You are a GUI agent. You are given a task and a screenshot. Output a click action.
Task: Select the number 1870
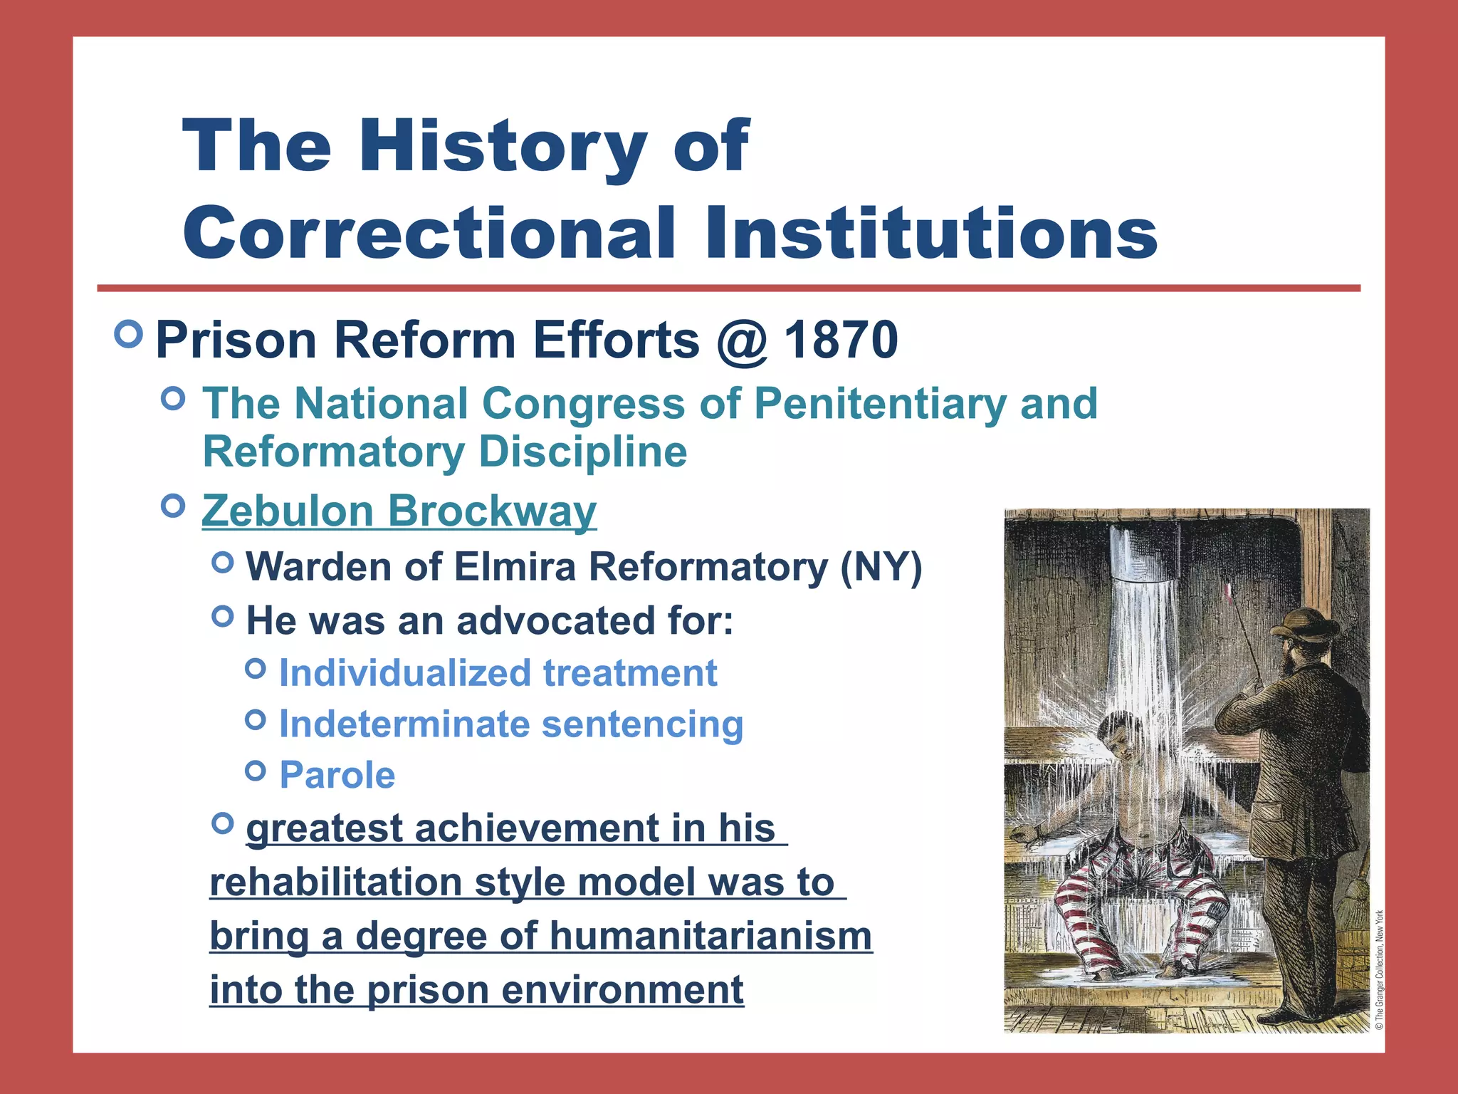[841, 340]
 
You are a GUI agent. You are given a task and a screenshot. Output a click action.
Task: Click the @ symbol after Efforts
[742, 341]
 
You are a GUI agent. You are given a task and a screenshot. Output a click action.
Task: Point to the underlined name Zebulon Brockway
[399, 511]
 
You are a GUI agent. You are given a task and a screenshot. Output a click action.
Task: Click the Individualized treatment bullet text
[498, 673]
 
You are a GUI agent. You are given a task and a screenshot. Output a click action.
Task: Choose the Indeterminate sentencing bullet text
[510, 724]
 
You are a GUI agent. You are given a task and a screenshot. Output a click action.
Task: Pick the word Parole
[337, 775]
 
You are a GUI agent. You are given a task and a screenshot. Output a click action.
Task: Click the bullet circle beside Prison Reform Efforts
[129, 334]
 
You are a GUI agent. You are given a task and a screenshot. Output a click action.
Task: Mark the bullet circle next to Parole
[255, 771]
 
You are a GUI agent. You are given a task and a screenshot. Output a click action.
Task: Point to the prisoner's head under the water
[1116, 738]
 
